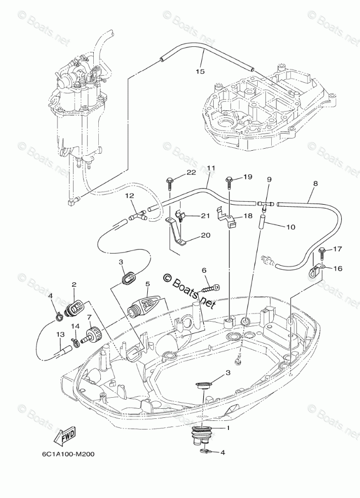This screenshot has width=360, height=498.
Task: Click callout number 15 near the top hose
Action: tap(200, 72)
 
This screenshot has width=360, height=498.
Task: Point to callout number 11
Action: tap(211, 168)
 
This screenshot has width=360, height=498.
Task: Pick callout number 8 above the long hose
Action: tap(315, 184)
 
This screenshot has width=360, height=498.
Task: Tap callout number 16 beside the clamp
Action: tap(337, 269)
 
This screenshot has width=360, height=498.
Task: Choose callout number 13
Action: tap(60, 334)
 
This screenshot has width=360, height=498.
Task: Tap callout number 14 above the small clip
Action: tap(75, 326)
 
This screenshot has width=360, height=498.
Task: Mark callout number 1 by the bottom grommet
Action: tap(227, 428)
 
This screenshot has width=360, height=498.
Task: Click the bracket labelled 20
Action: tap(177, 236)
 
